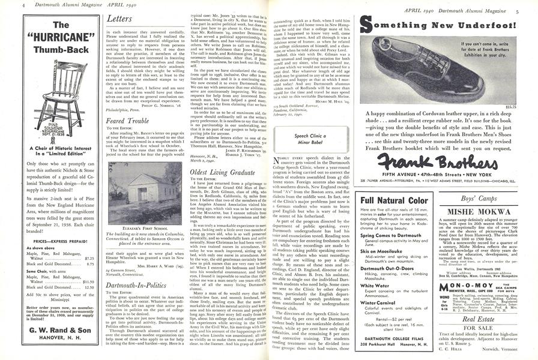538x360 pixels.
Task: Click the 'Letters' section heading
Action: (119, 19)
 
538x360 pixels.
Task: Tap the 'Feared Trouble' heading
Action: (128, 121)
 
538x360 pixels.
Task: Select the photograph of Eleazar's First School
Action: (138, 186)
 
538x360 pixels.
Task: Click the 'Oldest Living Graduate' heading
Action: (214, 172)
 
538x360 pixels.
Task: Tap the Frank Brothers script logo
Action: (428, 160)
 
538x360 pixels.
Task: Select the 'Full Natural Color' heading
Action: (394, 200)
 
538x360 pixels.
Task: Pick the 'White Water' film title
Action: (374, 286)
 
